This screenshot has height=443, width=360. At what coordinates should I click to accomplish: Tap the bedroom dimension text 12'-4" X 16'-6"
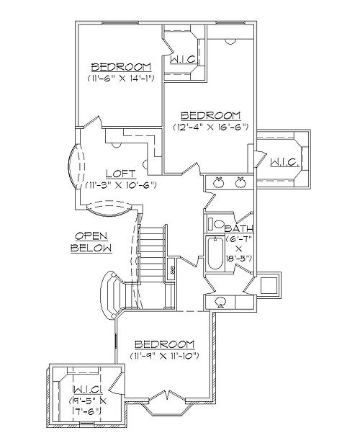pyautogui.click(x=211, y=127)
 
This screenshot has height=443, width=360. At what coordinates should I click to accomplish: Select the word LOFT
pyautogui.click(x=121, y=174)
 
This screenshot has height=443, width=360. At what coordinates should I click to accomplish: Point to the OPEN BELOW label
pyautogui.click(x=91, y=242)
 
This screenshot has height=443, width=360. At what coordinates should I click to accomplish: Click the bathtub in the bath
pyautogui.click(x=215, y=254)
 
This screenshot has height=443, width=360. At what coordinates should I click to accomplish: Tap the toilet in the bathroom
pyautogui.click(x=215, y=224)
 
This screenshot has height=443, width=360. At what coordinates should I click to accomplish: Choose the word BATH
pyautogui.click(x=238, y=228)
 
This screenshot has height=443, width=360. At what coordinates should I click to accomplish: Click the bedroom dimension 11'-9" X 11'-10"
pyautogui.click(x=165, y=356)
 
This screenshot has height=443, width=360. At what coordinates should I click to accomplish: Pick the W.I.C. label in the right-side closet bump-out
pyautogui.click(x=284, y=163)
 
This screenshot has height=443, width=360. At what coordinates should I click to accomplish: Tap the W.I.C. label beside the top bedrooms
pyautogui.click(x=184, y=59)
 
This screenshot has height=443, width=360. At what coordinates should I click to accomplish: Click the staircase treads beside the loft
pyautogui.click(x=152, y=251)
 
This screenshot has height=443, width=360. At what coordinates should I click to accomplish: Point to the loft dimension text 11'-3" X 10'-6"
pyautogui.click(x=121, y=185)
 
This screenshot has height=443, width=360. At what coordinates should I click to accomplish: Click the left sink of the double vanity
pyautogui.click(x=218, y=182)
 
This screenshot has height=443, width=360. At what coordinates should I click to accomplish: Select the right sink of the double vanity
pyautogui.click(x=240, y=182)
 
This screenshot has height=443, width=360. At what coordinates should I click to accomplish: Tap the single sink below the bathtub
pyautogui.click(x=220, y=303)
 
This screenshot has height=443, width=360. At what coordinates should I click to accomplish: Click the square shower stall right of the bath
pyautogui.click(x=269, y=286)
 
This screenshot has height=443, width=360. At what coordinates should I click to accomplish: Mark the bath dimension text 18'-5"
pyautogui.click(x=238, y=259)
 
